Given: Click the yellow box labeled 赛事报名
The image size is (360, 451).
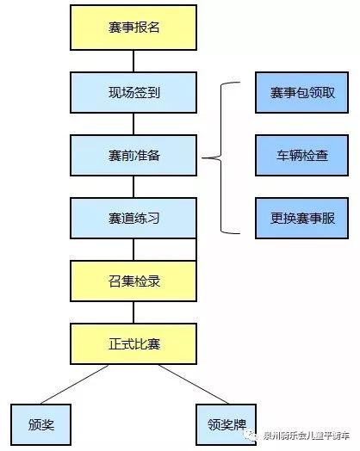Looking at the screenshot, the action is [133, 28].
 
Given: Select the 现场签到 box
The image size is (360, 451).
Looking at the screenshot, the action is [133, 92].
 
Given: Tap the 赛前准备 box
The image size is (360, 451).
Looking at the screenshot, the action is [133, 155].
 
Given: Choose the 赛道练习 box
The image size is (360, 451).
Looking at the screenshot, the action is [133, 218].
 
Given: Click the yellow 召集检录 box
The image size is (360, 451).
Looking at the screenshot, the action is [133, 281].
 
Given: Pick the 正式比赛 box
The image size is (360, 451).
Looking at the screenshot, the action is [133, 343].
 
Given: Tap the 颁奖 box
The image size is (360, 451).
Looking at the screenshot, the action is [40, 424].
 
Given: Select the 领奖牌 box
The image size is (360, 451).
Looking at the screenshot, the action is [227, 424].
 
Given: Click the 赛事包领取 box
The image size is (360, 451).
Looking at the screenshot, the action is [302, 92].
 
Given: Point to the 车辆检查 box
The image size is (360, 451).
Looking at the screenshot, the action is [302, 155].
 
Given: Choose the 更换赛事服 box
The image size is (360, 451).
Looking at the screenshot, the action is [302, 218].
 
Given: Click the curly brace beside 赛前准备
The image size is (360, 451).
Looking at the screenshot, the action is [221, 158].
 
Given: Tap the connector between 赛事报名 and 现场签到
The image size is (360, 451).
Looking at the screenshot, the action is [133, 61].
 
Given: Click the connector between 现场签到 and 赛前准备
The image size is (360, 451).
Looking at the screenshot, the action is [133, 124].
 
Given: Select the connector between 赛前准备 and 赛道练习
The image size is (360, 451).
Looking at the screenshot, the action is [133, 187].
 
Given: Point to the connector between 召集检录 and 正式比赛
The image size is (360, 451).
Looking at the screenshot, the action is [133, 312].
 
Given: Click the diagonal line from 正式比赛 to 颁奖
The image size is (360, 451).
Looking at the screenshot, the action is [75, 384].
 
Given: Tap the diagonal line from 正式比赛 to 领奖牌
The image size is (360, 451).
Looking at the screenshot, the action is [194, 384].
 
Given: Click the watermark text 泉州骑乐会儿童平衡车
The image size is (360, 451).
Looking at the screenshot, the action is [307, 436].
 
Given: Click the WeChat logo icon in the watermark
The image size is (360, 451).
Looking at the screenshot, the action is [250, 436].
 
